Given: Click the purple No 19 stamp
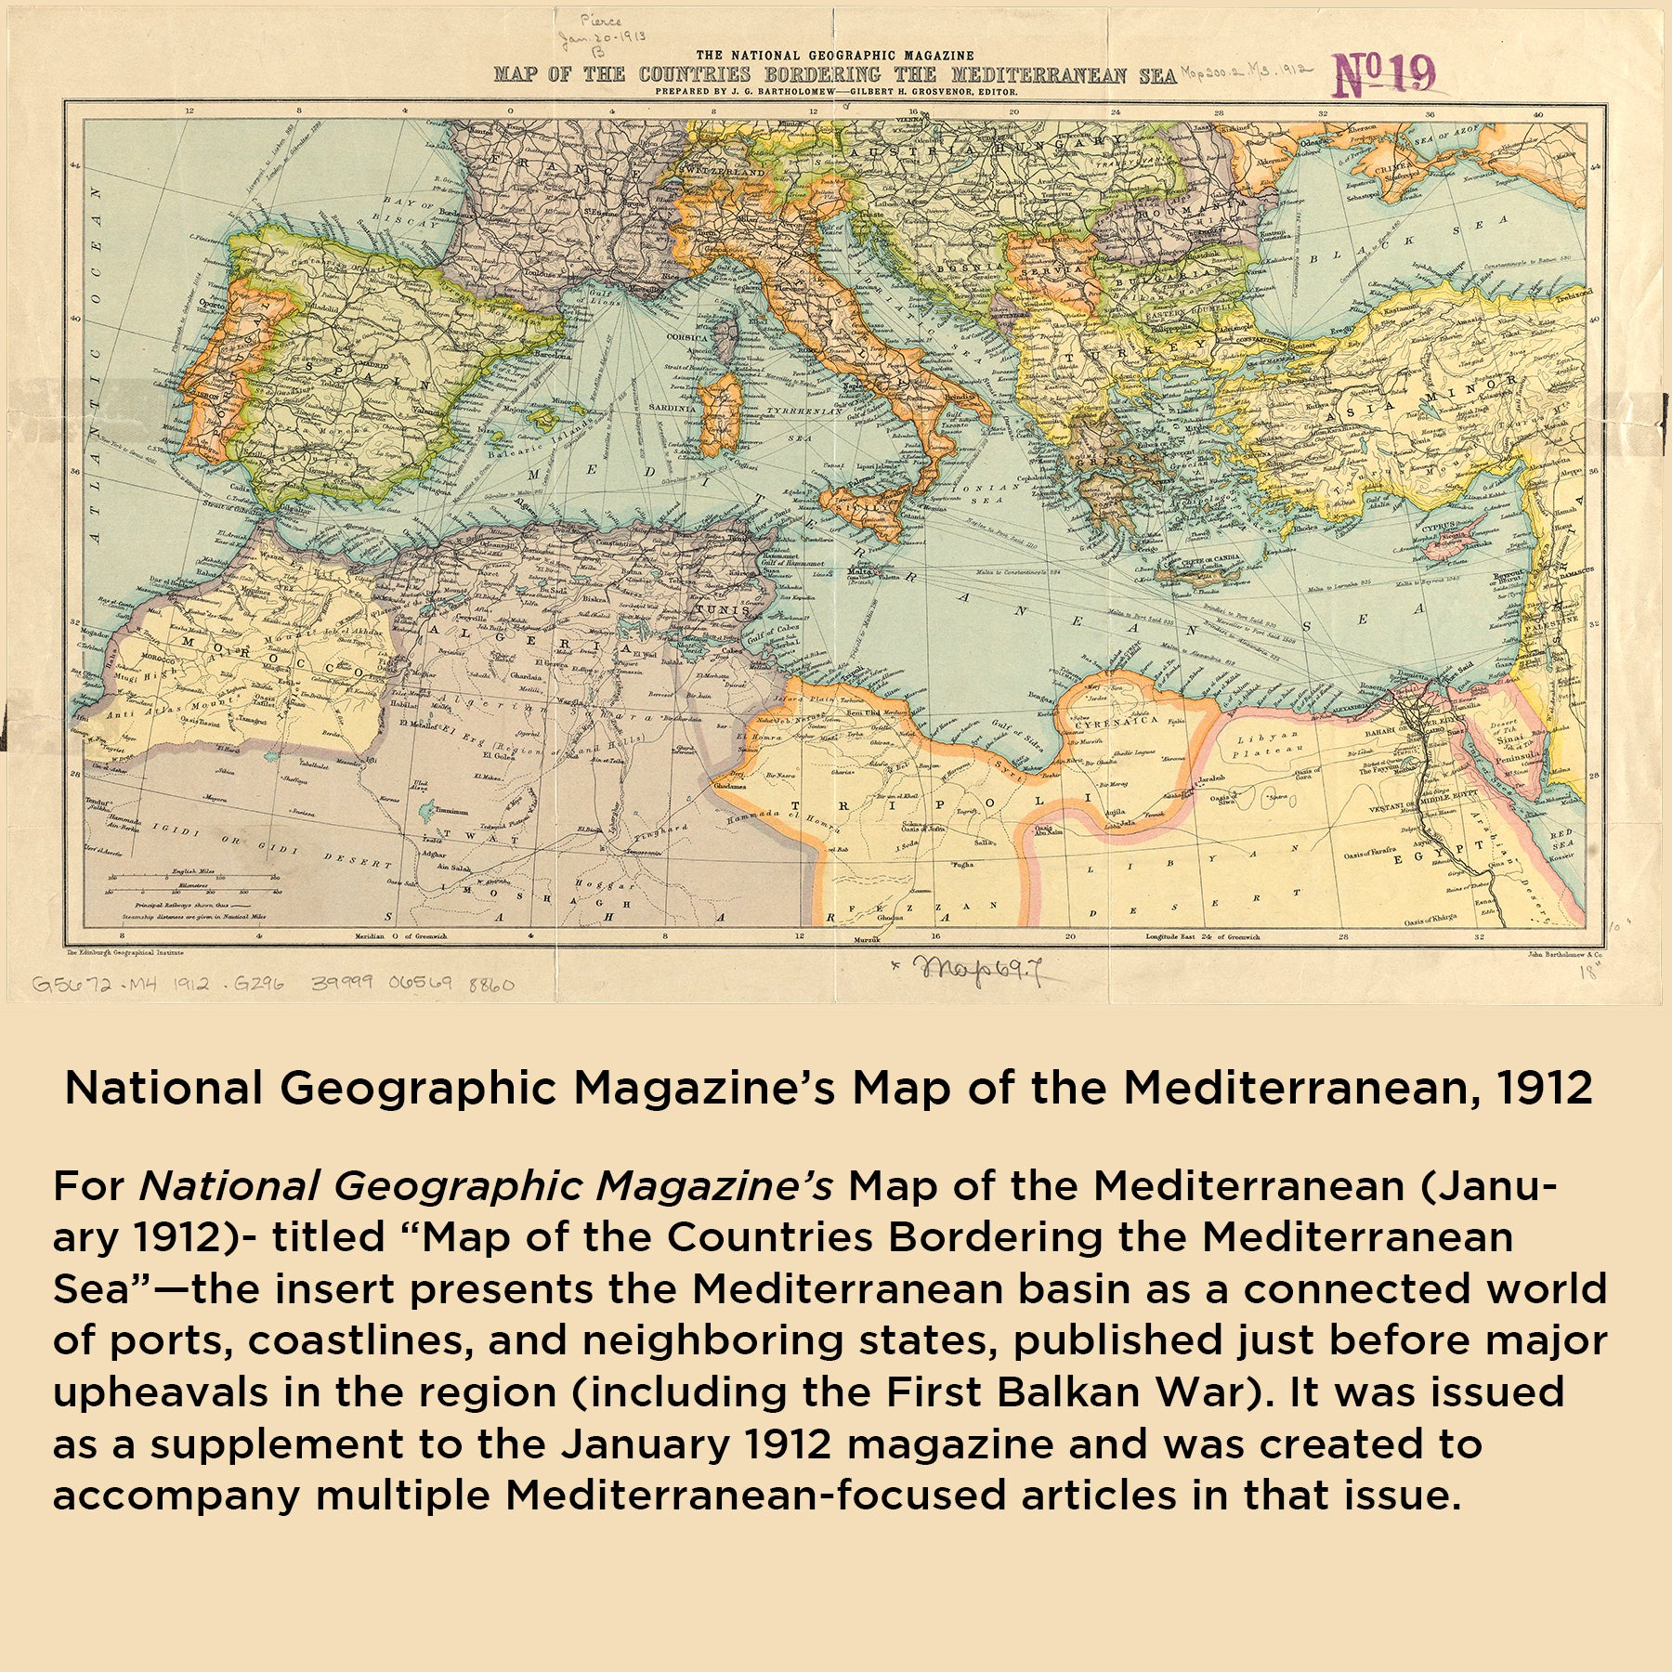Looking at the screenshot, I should (1383, 75).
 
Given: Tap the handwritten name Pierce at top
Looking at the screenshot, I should (602, 20).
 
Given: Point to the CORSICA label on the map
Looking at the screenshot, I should (687, 337).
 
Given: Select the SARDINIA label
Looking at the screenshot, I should (671, 408).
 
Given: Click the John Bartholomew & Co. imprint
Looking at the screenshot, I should (1564, 953).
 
